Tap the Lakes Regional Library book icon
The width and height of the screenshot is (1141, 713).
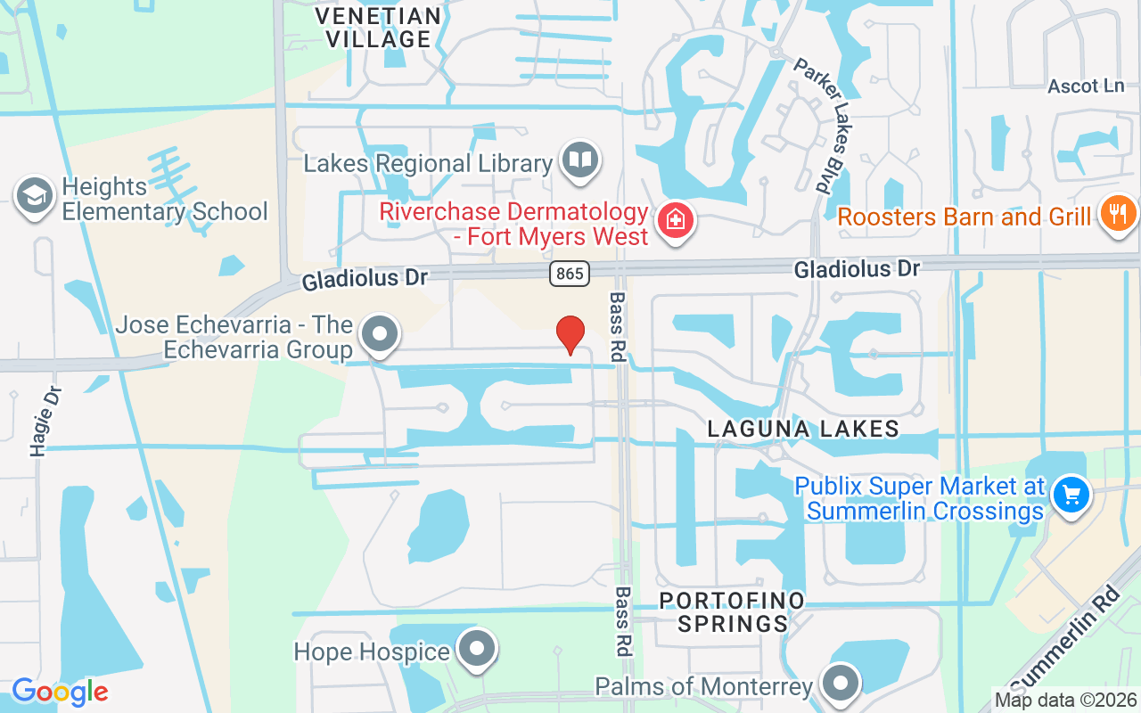580,161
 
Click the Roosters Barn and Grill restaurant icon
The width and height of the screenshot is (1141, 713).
1118,214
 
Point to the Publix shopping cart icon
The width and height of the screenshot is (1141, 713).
1071,495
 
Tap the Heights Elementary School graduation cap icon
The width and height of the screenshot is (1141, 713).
35,197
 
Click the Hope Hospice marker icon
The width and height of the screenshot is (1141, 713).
478,650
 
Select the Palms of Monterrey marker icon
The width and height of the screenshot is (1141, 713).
839,684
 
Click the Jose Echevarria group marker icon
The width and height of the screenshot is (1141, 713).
381,334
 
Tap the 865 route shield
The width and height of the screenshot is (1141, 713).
570,274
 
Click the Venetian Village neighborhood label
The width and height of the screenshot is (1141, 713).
379,28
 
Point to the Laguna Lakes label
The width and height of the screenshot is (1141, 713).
803,429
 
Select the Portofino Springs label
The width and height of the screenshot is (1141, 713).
732,611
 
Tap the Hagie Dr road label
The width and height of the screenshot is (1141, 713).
45,422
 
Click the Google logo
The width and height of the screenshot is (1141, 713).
60,692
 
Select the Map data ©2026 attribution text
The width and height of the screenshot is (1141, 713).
1065,700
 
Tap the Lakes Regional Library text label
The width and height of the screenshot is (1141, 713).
428,164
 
